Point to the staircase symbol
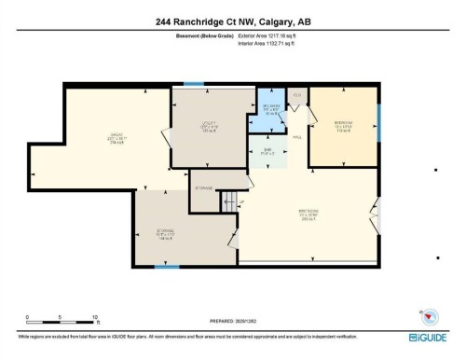pyautogui.click(x=228, y=199)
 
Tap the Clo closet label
pyautogui.click(x=297, y=95)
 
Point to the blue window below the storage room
pyautogui.click(x=166, y=268)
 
